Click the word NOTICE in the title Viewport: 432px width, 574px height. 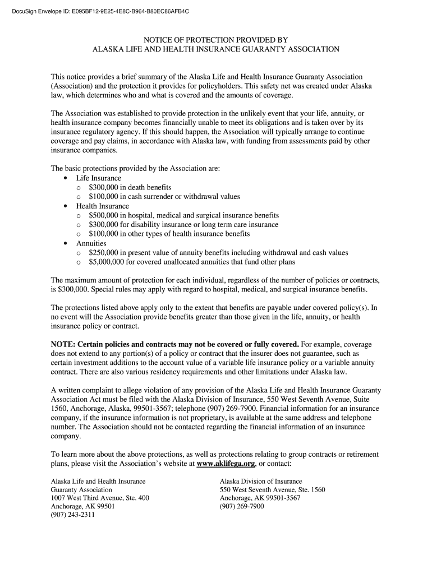click(x=159, y=40)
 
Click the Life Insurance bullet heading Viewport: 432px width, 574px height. click(x=99, y=178)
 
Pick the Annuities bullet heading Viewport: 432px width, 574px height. click(x=91, y=243)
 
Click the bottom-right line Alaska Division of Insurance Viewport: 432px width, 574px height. click(x=261, y=481)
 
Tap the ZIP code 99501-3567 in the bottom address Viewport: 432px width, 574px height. click(x=283, y=498)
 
